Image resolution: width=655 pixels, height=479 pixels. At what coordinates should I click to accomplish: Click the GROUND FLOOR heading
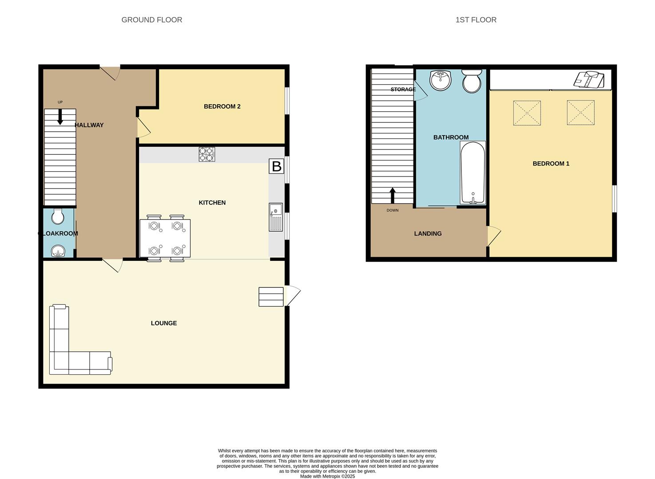point(151,20)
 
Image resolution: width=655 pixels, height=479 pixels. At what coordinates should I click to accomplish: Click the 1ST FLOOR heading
point(476,20)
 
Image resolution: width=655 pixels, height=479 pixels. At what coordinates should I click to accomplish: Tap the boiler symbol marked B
point(276,166)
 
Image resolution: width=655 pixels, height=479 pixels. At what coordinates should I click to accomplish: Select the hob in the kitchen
point(206,154)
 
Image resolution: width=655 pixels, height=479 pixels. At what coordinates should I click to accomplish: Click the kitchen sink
point(275,217)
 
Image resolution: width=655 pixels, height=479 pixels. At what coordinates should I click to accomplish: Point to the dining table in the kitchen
point(165,238)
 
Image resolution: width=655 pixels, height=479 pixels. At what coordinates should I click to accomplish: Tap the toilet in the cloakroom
point(58,216)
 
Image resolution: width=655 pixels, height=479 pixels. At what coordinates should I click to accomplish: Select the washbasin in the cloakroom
point(58,252)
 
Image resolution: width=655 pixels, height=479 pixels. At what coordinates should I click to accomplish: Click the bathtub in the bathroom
point(473,173)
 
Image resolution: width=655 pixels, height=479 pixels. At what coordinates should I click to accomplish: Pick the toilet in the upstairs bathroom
point(472,81)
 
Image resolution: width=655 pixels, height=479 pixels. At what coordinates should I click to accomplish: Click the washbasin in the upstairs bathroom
point(440,80)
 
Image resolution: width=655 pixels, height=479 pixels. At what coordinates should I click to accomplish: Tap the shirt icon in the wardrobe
point(589,79)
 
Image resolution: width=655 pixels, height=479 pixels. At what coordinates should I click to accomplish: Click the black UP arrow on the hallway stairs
point(60,116)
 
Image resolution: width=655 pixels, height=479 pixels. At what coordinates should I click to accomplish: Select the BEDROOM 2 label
point(222,106)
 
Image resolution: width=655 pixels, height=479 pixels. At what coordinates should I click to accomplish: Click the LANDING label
point(428,234)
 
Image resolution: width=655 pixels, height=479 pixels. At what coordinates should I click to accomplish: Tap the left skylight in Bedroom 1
point(527,113)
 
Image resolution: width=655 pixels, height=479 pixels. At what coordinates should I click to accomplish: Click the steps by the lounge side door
point(271,297)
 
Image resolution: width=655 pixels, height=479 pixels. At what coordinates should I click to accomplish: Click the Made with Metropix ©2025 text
point(327,476)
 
